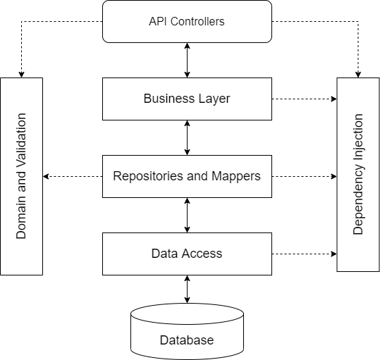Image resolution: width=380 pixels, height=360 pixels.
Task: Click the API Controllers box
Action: [187, 21]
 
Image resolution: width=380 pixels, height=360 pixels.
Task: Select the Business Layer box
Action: [187, 99]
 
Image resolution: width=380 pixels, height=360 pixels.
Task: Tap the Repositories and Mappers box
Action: [187, 175]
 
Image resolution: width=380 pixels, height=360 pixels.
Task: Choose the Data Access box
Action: [187, 253]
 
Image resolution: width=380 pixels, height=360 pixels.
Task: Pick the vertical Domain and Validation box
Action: [21, 175]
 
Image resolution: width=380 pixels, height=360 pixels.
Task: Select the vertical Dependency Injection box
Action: [358, 174]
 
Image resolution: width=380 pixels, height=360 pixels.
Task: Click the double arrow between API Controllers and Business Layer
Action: [187, 60]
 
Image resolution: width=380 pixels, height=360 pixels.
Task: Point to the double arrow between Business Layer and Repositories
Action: [187, 137]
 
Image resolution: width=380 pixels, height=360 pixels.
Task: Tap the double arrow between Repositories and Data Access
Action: [187, 215]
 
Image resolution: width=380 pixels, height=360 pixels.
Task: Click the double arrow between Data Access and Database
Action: [187, 290]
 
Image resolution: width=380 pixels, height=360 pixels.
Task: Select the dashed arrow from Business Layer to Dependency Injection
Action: [303, 99]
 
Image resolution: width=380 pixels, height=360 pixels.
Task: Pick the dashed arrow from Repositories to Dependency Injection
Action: [303, 175]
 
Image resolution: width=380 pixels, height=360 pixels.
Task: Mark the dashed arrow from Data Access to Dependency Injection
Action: [303, 253]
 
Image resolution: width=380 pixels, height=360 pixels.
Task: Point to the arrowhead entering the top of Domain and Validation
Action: [21, 73]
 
